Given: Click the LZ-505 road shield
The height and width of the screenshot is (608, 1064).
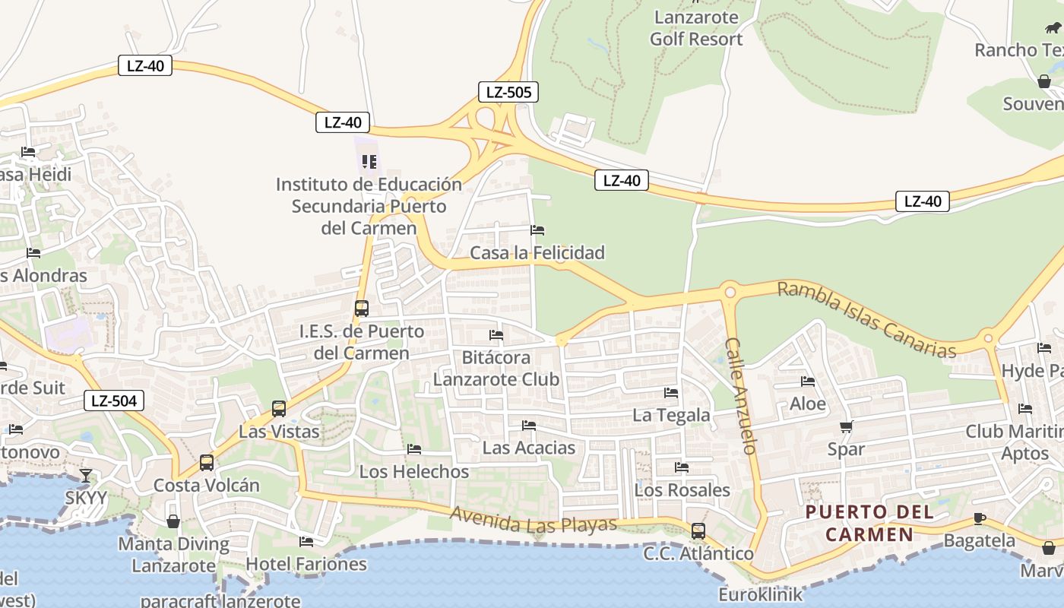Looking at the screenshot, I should pos(508,92).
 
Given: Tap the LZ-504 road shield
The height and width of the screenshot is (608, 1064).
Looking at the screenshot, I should pos(113,401).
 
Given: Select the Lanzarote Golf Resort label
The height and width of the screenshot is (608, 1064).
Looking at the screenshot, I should pos(696,28).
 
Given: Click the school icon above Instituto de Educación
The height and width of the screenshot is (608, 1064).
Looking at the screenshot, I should pos(369,162).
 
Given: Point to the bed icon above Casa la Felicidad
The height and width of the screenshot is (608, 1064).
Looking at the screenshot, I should pos(537,230).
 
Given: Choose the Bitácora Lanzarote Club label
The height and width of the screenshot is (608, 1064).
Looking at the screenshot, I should pos(497,368).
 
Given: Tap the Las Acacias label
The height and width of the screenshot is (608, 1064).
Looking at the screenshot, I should pos(529,448).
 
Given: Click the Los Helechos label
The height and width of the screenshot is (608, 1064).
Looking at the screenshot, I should pos(414,471).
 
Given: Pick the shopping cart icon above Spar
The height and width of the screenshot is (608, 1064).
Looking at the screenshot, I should pos(846,427).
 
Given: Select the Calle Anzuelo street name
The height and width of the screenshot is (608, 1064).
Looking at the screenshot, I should pos(741,396).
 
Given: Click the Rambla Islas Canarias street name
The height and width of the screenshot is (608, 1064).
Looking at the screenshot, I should pos(866,320).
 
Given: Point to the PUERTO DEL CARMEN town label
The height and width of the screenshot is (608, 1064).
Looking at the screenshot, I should pos(869,523).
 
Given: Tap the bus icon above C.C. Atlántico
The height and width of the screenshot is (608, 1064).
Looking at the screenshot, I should pos(698,531).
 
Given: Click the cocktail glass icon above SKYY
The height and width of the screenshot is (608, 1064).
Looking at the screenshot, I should pos(86,476).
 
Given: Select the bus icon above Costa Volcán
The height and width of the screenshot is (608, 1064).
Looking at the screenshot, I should pos(206,462).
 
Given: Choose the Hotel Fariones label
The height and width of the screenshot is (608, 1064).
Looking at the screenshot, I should pos(306,564).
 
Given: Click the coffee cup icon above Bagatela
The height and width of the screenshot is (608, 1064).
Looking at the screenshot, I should pos(979,519).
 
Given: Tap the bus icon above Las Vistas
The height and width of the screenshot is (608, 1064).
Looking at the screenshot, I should pos(279,409).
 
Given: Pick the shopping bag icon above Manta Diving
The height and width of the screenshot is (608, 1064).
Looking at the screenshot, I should pos(173,521).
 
